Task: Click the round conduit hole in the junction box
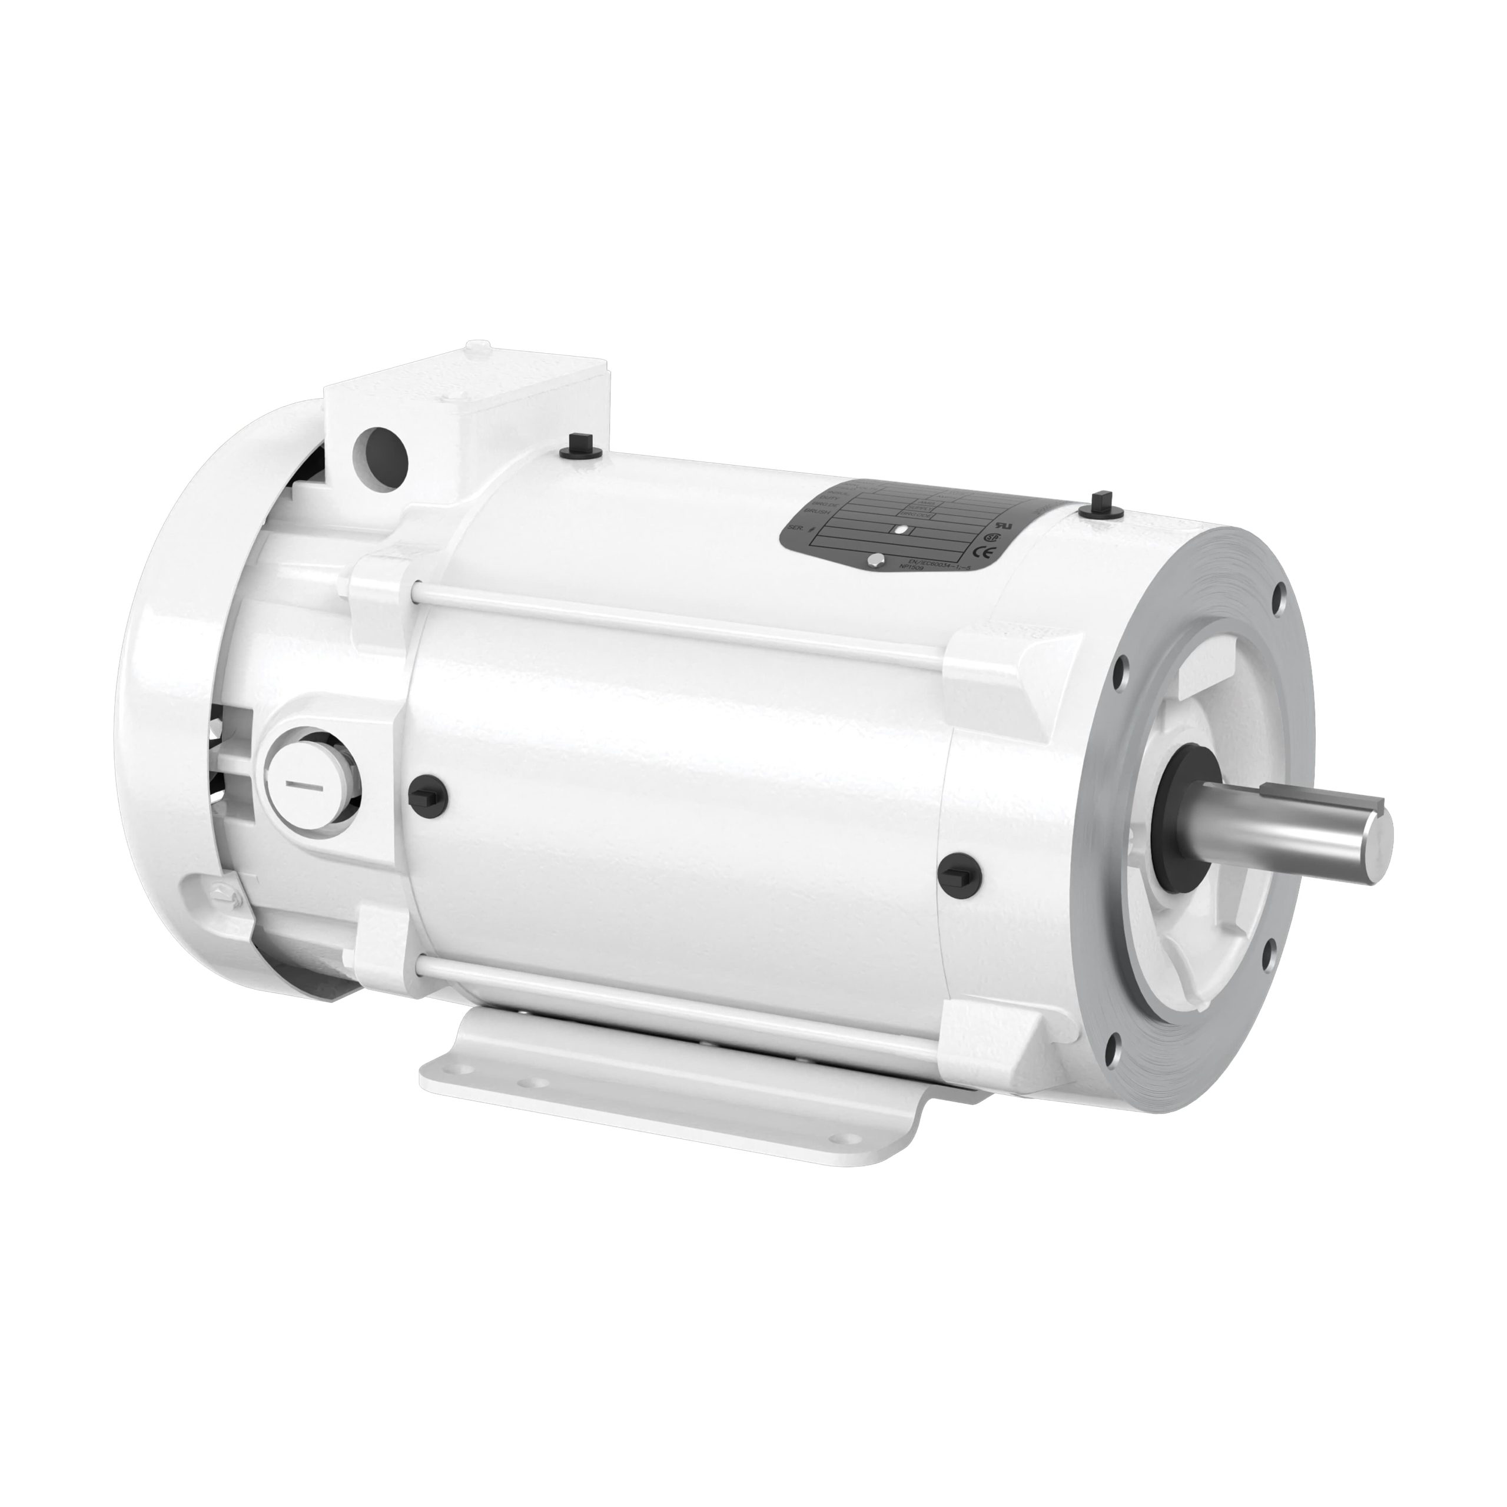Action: [381, 449]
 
